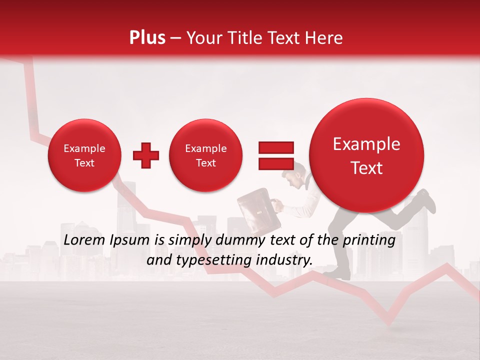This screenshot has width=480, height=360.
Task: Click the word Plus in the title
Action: tap(147, 38)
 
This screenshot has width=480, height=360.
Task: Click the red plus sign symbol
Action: tap(146, 155)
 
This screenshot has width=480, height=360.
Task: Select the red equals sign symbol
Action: tap(275, 155)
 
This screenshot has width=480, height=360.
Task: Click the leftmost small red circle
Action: tap(84, 155)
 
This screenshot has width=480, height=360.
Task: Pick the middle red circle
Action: tap(205, 155)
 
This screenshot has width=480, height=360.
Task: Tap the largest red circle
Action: tap(366, 155)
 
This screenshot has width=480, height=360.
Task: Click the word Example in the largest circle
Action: tap(366, 144)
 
